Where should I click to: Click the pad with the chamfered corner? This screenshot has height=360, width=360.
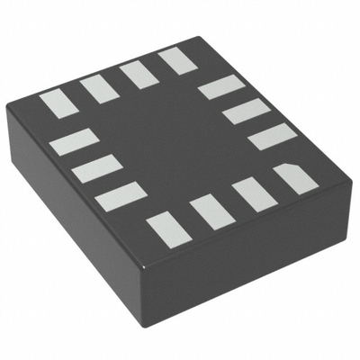pyautogui.click(x=292, y=176)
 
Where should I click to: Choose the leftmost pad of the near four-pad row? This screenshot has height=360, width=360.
pyautogui.click(x=168, y=229)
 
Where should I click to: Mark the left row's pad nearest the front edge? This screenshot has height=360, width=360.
pyautogui.click(x=120, y=195)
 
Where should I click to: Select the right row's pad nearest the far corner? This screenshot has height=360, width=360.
pyautogui.click(x=220, y=87)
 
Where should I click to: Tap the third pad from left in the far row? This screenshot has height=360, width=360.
pyautogui.click(x=137, y=75)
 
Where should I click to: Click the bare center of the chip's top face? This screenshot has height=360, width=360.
pyautogui.click(x=171, y=144)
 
